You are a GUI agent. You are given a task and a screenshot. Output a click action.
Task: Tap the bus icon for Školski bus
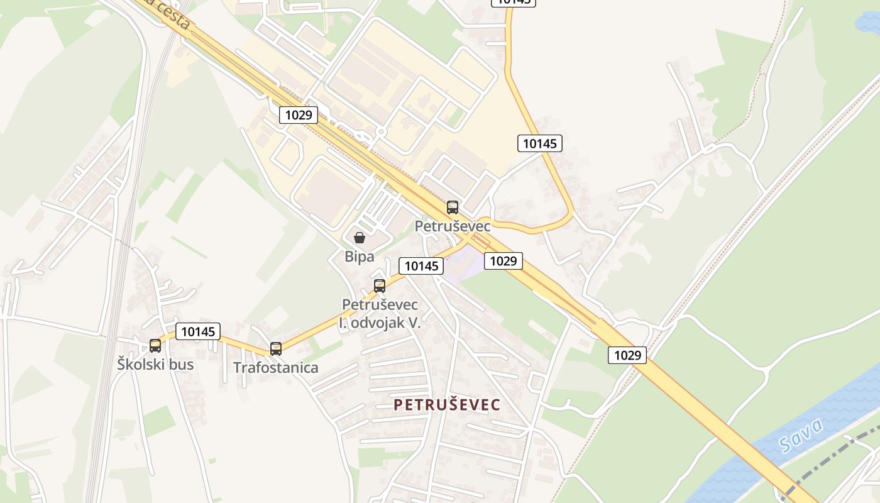155,345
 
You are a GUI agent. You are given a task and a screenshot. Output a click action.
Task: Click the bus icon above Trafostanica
275,349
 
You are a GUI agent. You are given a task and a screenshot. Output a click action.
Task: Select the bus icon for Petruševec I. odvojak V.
379,286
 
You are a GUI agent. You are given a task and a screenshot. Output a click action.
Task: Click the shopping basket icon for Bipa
360,238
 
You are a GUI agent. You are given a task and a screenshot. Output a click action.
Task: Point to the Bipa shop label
360,257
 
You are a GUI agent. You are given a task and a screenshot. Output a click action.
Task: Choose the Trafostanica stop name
276,368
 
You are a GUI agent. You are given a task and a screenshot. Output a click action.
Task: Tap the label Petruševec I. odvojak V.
380,314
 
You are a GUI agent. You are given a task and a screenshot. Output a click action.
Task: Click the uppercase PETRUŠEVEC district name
447,405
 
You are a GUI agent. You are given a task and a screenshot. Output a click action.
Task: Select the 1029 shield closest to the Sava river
627,355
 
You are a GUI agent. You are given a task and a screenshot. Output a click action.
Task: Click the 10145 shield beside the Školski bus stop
198,331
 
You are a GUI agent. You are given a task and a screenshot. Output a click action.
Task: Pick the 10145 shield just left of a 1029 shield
421,266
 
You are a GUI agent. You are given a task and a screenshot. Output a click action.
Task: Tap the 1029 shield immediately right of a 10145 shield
503,260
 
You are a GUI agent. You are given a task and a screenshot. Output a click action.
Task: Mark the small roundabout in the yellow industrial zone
380,132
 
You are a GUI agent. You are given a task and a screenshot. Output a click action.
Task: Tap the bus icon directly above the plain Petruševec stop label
453,207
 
